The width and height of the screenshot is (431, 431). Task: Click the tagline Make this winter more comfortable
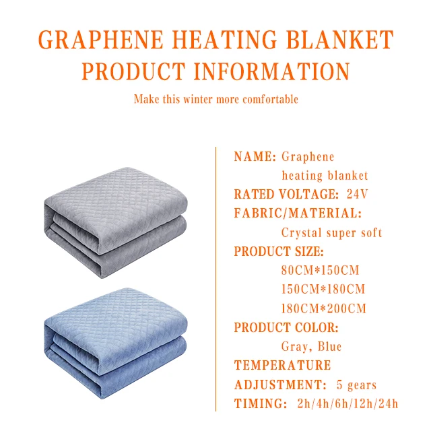215,100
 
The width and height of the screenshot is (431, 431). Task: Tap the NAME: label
255,157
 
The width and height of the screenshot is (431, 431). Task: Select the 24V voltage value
358,195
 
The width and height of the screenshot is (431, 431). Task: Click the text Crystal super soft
331,233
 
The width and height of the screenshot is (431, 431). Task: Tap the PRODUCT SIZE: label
279,252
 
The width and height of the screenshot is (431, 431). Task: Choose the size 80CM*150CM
320,271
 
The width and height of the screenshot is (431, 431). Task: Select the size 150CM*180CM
323,290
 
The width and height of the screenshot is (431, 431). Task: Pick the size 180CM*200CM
323,309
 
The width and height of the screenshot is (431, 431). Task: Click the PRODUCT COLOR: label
286,328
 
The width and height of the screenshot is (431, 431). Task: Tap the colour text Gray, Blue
311,347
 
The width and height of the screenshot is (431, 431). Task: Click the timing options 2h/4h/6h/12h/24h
347,404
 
